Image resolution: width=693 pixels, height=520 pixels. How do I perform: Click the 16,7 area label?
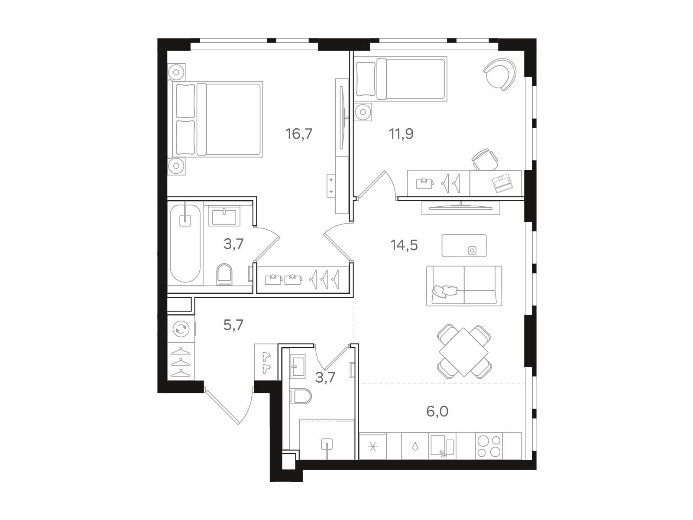pyautogui.click(x=299, y=134)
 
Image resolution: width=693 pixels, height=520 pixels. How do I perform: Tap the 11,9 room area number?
pyautogui.click(x=401, y=134)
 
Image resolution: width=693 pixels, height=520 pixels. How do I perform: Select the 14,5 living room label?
pyautogui.click(x=404, y=245)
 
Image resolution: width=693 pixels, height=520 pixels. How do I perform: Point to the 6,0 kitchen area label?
pyautogui.click(x=437, y=411)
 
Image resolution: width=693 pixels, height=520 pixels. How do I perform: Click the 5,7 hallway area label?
pyautogui.click(x=233, y=325)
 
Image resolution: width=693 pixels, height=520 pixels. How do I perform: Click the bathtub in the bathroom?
pyautogui.click(x=185, y=244)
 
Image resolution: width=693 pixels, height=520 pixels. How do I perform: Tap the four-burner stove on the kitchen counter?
pyautogui.click(x=489, y=446)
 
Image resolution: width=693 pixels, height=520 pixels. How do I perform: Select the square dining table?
pyautogui.click(x=464, y=352)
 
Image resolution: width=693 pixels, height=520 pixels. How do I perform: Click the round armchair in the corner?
pyautogui.click(x=500, y=74)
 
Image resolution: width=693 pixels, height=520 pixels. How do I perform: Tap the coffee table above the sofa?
pyautogui.click(x=464, y=245)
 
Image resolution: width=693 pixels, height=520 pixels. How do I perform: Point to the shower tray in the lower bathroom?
pyautogui.click(x=327, y=439)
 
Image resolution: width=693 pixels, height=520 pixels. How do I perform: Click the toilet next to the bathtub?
pyautogui.click(x=224, y=274)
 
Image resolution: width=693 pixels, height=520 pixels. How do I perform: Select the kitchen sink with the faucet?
pyautogui.click(x=442, y=446)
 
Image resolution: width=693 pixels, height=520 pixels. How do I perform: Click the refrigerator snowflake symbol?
pyautogui.click(x=373, y=447)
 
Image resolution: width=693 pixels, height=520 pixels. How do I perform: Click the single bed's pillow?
pyautogui.click(x=366, y=79)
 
